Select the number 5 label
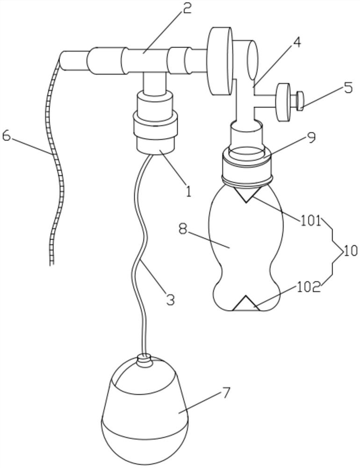point(347,88)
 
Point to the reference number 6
point(7,136)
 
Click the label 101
point(310,222)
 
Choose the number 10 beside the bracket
point(351,251)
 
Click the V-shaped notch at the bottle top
point(246,195)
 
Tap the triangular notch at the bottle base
point(246,304)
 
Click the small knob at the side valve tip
point(299,101)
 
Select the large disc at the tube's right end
point(221,61)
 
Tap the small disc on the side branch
point(284,102)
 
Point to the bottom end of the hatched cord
point(52,264)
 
